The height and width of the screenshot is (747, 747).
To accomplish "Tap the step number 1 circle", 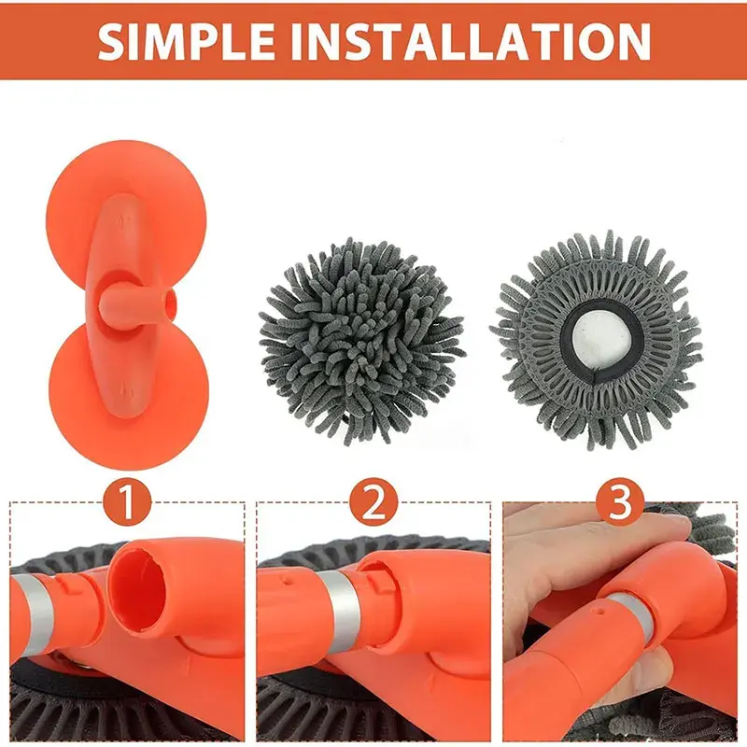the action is click(x=127, y=501).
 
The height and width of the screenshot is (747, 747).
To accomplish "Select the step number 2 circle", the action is click(x=373, y=501).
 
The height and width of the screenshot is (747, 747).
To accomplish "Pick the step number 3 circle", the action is click(x=620, y=501).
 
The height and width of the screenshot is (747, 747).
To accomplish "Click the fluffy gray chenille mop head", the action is click(x=361, y=341).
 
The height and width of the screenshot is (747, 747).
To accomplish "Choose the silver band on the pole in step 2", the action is click(x=341, y=611).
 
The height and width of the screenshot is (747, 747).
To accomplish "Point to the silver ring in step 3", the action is click(x=629, y=613).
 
